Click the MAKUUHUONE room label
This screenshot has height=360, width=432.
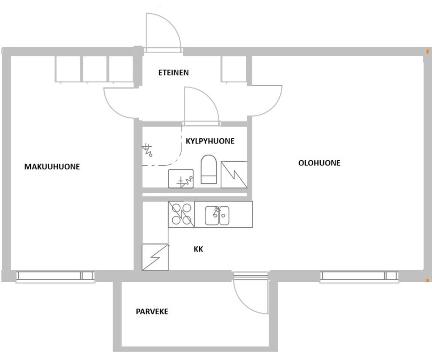click(52, 166)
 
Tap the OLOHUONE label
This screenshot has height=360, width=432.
click(319, 163)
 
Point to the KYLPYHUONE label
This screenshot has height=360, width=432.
click(210, 141)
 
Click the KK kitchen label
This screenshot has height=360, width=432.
click(198, 249)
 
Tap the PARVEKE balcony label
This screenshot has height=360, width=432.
click(152, 312)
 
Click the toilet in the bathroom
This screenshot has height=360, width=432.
click(209, 169)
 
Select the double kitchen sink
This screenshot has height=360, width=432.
click(217, 215)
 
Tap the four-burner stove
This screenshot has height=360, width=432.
click(182, 214)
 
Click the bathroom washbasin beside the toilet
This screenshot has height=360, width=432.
click(181, 179)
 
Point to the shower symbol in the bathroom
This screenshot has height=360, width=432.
click(147, 150)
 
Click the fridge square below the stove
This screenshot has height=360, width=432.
click(155, 257)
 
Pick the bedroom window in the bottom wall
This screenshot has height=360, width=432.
click(55, 277)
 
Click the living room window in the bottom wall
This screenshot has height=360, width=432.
click(359, 277)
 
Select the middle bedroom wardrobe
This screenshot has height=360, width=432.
click(94, 69)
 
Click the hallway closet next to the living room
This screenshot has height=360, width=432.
click(233, 69)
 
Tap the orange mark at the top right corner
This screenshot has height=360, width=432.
click(427, 51)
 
